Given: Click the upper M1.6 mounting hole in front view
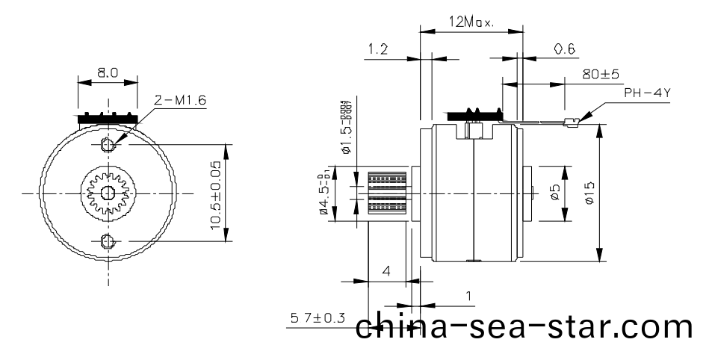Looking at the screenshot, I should pos(107,143).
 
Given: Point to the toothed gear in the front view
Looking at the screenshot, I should pos(107,192).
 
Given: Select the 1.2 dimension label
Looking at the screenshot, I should pos(378,49).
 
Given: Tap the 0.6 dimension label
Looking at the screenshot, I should pos(565,49).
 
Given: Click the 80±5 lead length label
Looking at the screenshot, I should pos(601,74).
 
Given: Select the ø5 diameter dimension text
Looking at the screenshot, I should pos(554,193).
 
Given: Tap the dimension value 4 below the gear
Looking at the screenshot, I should pos(386,271).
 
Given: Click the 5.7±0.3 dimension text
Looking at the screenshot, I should pos(318,318).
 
